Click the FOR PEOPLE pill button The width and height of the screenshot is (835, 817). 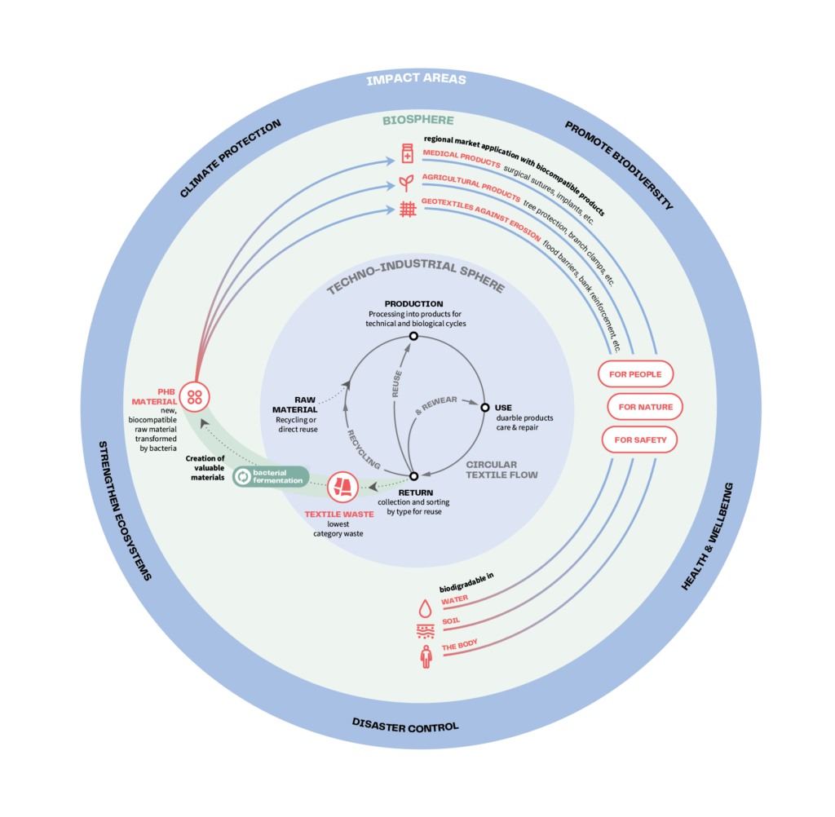636,374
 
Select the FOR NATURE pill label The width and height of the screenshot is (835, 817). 645,407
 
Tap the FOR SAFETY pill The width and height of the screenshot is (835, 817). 640,439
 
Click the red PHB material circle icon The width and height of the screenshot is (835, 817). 195,397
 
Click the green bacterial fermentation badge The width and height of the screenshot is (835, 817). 271,476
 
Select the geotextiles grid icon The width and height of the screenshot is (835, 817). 408,209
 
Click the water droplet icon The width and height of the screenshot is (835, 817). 425,608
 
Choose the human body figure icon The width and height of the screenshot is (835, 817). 425,656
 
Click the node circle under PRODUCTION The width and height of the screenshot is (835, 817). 413,336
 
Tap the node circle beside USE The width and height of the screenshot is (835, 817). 485,407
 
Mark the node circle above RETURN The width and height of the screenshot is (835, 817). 413,476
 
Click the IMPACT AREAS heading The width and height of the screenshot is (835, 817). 416,80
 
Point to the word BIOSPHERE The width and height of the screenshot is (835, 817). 418,121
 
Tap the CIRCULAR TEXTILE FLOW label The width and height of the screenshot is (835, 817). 501,470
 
